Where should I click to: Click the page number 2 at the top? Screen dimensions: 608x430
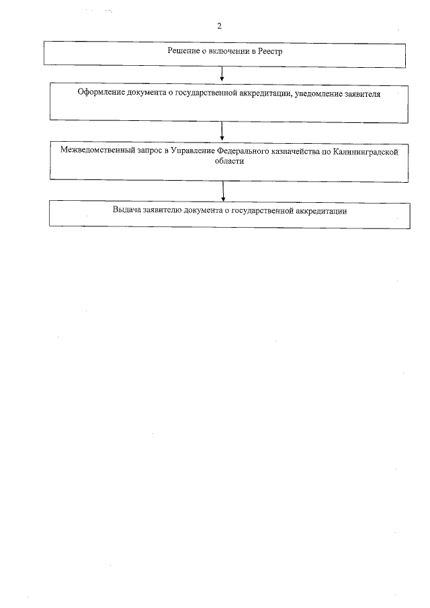(220, 26)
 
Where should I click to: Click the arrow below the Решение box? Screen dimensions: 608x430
(222, 74)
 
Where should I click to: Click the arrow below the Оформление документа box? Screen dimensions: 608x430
(222, 130)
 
